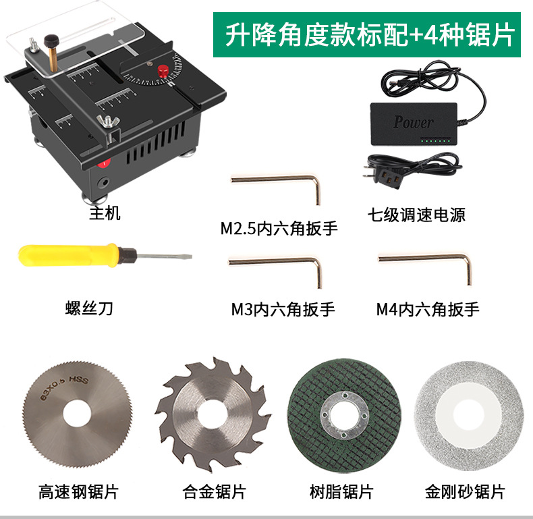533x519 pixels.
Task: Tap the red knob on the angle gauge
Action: pyautogui.click(x=163, y=72)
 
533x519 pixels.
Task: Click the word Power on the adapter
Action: pyautogui.click(x=414, y=121)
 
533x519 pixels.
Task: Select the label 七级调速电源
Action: pyautogui.click(x=416, y=215)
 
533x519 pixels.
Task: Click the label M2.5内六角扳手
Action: pyautogui.click(x=279, y=228)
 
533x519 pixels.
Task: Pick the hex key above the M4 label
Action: pyautogui.click(x=426, y=268)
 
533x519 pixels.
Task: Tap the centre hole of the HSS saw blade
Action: pyautogui.click(x=77, y=414)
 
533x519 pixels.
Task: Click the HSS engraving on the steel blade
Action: pyautogui.click(x=78, y=380)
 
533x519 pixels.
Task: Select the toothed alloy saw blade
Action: pyautogui.click(x=213, y=414)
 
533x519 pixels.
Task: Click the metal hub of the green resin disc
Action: pyautogui.click(x=344, y=416)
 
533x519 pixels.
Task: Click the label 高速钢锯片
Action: pyautogui.click(x=78, y=492)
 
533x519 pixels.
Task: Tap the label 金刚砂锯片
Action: pyautogui.click(x=465, y=492)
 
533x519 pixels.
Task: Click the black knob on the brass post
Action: pyautogui.click(x=51, y=40)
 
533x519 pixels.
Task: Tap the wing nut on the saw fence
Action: pyautogui.click(x=108, y=121)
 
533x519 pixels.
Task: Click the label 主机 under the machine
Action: pyautogui.click(x=105, y=213)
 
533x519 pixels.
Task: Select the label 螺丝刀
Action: pyautogui.click(x=89, y=308)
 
